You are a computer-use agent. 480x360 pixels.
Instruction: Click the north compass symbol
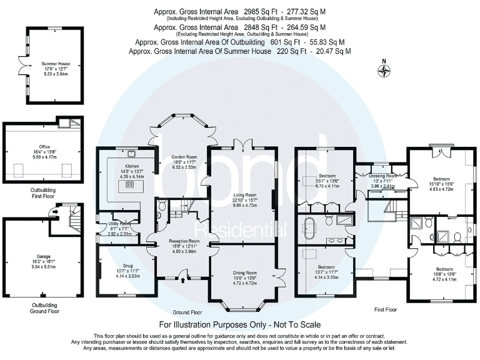pyautogui.click(x=384, y=70)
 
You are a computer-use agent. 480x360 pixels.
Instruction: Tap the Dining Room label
pyautogui.click(x=241, y=273)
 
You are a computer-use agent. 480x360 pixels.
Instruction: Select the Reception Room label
pyautogui.click(x=184, y=241)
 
